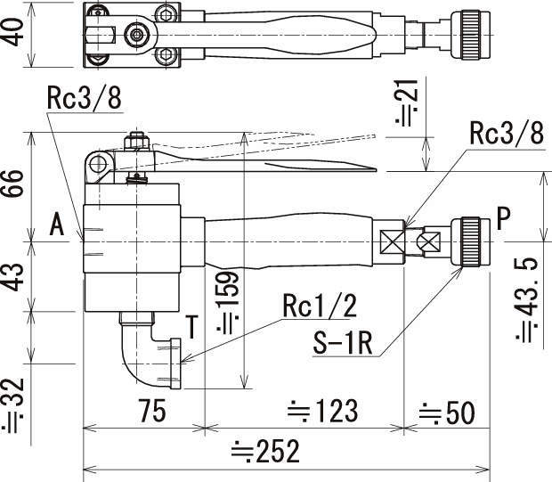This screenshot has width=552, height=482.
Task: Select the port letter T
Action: pyautogui.click(x=191, y=323)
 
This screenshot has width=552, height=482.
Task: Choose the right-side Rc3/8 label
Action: pyautogui.click(x=506, y=135)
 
